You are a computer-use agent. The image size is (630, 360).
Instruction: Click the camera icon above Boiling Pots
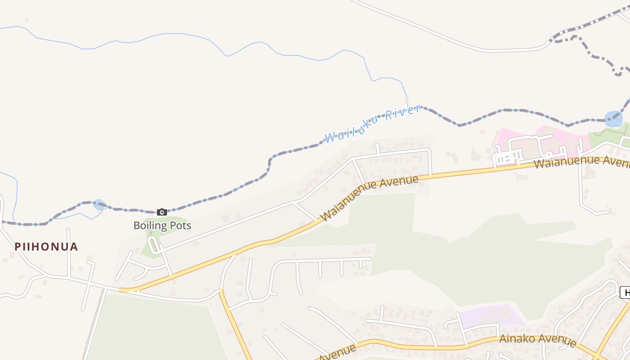coord(162,212)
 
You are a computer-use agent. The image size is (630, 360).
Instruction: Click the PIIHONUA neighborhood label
coord(46,247)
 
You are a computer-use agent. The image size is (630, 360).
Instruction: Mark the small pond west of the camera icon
coord(99,205)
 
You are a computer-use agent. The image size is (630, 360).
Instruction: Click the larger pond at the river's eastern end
coord(613,119)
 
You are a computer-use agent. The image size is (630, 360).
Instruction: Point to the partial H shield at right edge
coord(625,292)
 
